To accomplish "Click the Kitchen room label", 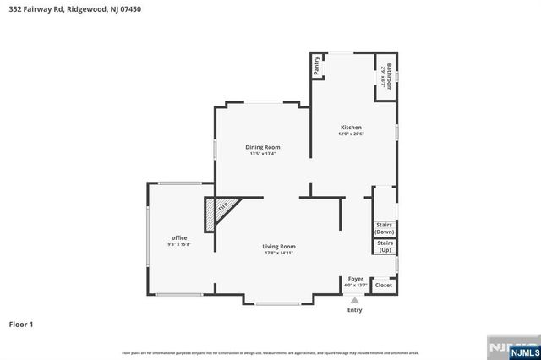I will click(351, 127).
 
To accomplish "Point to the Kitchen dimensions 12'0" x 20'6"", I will click(351, 134).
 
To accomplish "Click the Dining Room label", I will click(262, 147).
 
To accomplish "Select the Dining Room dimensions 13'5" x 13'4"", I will click(262, 154).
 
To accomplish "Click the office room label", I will click(179, 238).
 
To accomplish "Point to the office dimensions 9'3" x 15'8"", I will click(179, 245).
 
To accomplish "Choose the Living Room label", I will click(278, 246).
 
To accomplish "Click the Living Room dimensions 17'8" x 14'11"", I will click(278, 253).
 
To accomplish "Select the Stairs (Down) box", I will click(384, 228).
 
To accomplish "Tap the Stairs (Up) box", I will click(385, 247).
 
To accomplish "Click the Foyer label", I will click(356, 279).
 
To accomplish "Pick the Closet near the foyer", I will click(383, 286).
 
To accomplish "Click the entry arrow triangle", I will click(355, 299).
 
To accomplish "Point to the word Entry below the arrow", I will click(355, 310).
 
